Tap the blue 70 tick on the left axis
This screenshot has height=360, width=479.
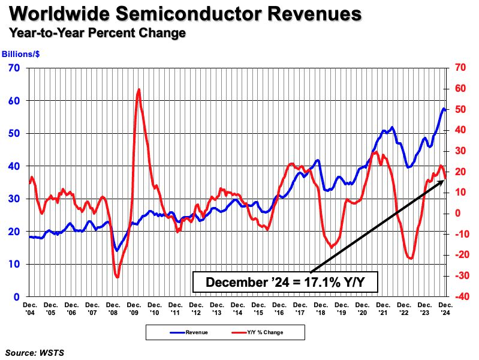(14, 68)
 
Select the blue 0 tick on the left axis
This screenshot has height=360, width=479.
(17, 296)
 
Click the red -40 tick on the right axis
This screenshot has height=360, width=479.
(460, 296)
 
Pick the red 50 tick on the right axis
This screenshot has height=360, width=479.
(459, 109)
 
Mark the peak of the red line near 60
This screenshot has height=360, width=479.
(139, 89)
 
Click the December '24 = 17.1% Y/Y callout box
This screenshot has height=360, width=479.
(285, 281)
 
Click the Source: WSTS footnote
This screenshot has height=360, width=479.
(34, 352)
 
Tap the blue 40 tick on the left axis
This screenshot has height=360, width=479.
(14, 166)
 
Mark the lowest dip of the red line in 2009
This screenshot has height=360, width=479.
(118, 277)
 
